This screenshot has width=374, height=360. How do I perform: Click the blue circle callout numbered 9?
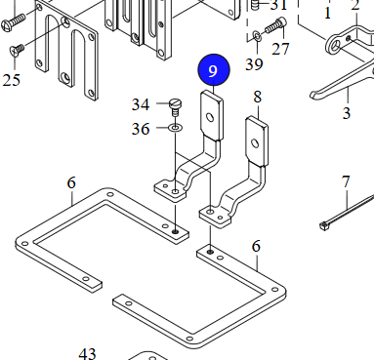214,70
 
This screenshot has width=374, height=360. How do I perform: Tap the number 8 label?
258,98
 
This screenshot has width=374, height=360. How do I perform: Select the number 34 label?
142,104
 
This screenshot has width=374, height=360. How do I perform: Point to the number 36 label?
142,128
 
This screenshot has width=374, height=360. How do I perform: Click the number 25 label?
11,80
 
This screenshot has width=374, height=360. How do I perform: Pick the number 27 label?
281,49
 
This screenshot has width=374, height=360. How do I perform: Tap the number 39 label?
254,64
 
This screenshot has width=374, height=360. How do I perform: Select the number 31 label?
279,6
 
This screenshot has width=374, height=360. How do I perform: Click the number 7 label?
346,182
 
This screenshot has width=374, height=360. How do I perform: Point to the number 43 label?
89,352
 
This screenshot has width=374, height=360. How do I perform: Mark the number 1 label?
328,14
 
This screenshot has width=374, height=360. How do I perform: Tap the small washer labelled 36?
175,127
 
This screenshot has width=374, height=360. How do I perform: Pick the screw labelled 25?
17,49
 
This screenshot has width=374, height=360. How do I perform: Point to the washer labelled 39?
257,37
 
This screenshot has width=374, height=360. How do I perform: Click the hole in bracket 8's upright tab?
257,142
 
